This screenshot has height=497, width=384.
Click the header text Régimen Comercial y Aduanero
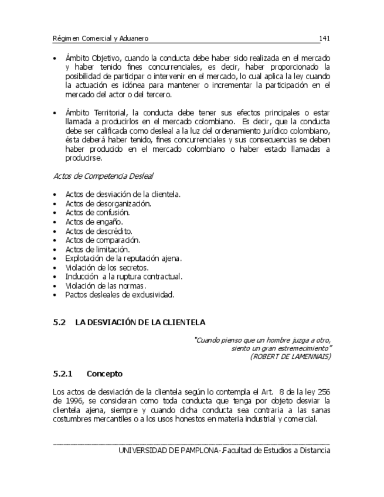coord(100,39)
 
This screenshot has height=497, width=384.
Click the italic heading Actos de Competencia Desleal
coord(104,176)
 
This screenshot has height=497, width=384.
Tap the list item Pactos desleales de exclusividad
coord(120,295)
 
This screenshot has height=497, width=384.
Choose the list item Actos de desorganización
coord(108,203)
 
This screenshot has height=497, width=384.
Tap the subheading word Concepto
coord(104,373)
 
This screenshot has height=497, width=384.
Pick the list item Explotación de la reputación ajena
coord(123,258)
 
